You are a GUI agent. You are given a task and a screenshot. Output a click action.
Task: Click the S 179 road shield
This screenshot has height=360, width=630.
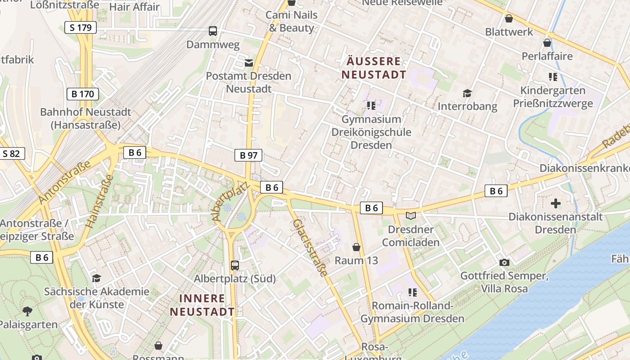pyautogui.click(x=81, y=27)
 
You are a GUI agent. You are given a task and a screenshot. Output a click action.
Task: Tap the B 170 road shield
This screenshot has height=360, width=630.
pyautogui.click(x=82, y=94)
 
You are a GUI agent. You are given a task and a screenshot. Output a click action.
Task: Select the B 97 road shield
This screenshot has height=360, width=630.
pyautogui.click(x=248, y=156)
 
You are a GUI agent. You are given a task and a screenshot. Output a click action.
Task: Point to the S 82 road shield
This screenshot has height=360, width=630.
pyautogui.click(x=11, y=154)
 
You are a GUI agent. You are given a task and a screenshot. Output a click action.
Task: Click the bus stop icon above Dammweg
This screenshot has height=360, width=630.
pyautogui.click(x=213, y=31)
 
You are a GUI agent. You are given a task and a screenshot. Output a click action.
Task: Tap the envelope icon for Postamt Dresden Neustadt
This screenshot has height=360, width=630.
pyautogui.click(x=248, y=63)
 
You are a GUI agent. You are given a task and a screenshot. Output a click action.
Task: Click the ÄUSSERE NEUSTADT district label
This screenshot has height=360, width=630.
pyautogui.click(x=373, y=68)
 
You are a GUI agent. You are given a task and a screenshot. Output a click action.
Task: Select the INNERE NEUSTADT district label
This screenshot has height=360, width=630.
pyautogui.click(x=202, y=305)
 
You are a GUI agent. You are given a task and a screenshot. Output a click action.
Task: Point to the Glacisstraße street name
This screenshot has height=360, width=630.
pyautogui.click(x=310, y=247)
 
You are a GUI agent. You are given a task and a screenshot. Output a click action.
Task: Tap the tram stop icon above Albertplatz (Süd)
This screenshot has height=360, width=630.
pyautogui.click(x=234, y=265)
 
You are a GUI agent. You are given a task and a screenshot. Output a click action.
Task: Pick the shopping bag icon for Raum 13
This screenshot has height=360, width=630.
pyautogui.click(x=356, y=247)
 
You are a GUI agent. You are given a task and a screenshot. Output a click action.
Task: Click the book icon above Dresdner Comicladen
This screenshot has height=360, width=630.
pyautogui.click(x=411, y=216)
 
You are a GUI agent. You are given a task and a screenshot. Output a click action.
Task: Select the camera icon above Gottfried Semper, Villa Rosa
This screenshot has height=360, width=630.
pyautogui.click(x=504, y=262)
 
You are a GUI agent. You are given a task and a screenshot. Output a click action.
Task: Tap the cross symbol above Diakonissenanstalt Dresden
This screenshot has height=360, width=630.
pyautogui.click(x=556, y=203)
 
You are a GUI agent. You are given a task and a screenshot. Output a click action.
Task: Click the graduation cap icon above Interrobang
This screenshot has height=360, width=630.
pyautogui.click(x=467, y=93)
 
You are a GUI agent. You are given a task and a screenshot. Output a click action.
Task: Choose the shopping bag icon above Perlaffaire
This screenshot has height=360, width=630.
pyautogui.click(x=547, y=43)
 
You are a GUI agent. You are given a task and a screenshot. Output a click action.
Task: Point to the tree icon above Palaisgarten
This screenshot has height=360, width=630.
pyautogui.click(x=27, y=311)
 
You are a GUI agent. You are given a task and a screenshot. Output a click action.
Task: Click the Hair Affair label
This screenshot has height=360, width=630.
pyautogui.click(x=134, y=7)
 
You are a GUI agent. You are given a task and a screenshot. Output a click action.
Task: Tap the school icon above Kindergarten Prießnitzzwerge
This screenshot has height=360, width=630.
pyautogui.click(x=553, y=77)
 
